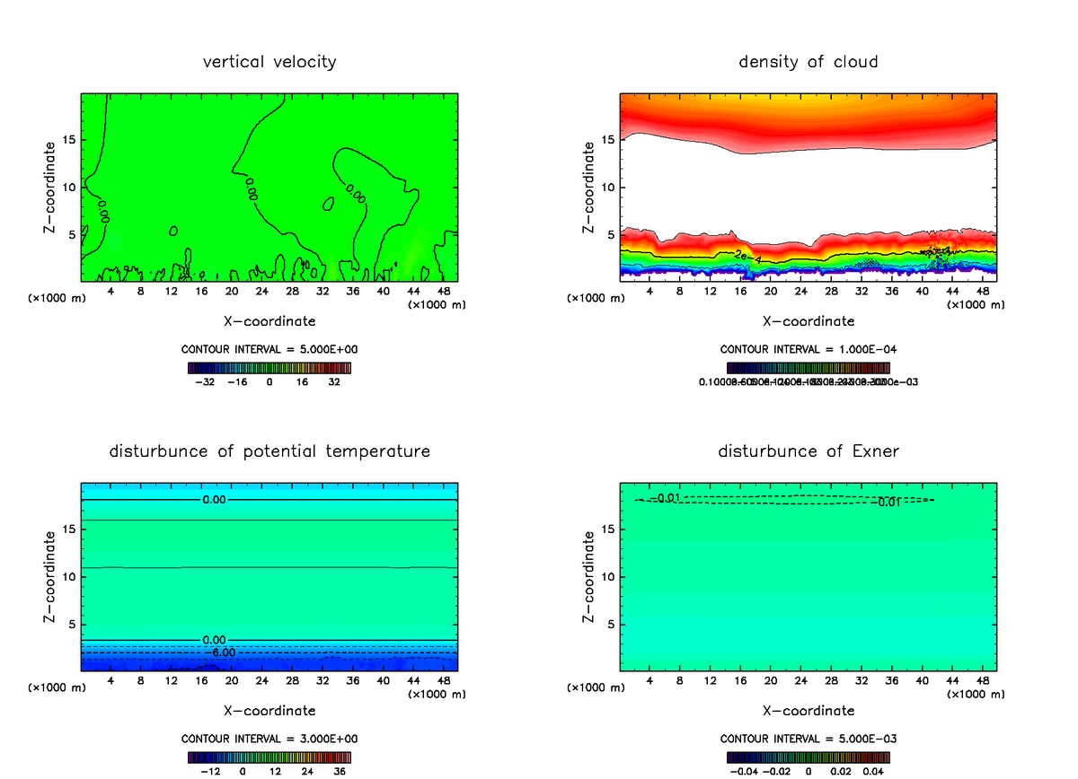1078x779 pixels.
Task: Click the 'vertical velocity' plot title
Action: click(269, 62)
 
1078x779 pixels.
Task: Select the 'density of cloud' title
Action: click(808, 62)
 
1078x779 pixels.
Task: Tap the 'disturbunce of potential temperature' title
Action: click(269, 451)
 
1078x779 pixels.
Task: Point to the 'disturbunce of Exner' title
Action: click(808, 451)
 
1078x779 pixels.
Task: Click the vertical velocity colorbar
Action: click(269, 368)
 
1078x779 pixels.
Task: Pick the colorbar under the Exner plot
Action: click(808, 757)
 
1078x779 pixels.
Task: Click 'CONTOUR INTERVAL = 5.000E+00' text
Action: click(269, 349)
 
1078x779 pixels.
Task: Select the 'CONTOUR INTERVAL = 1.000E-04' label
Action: click(808, 349)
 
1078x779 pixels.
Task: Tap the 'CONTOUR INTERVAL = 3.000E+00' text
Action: click(269, 739)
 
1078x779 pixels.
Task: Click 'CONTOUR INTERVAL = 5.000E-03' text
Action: click(808, 739)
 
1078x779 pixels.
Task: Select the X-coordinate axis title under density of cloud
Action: click(808, 321)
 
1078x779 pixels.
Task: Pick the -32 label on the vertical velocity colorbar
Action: click(208, 381)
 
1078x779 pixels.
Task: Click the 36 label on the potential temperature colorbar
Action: click(339, 771)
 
